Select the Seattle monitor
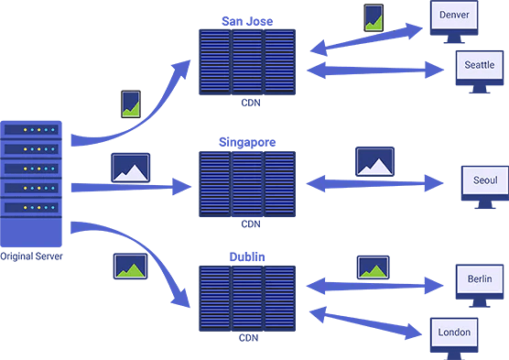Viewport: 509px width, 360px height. coord(479,65)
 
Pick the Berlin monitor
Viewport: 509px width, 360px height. coord(480,279)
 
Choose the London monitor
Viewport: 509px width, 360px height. coord(454,332)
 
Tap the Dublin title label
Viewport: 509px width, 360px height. coord(248,257)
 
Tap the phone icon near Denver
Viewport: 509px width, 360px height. coord(373,18)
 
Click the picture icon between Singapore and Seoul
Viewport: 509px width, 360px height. coord(374,161)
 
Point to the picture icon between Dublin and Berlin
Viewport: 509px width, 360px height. coord(374,267)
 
